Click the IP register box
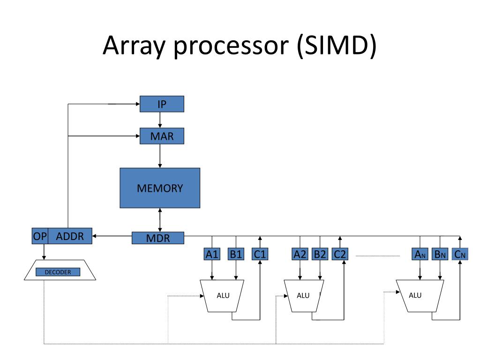pos(162,104)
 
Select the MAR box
pos(162,136)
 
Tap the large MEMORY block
pos(160,188)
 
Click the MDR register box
pos(158,238)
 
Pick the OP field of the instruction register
pos(40,236)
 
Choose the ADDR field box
pos(70,236)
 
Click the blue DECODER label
pos(58,272)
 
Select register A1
pos(212,254)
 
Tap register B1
pos(236,254)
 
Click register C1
pos(260,254)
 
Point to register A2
pos(300,254)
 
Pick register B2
pos(320,254)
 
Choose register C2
pos(340,254)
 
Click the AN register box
pos(420,254)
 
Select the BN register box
pos(440,254)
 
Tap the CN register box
pos(460,254)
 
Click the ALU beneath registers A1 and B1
pos(222,296)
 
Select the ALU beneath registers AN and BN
pos(420,296)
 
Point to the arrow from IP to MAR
pos(160,120)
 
